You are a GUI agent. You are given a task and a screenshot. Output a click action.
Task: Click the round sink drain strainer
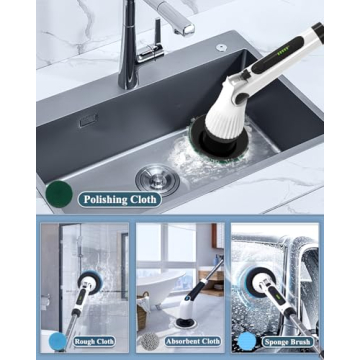tap(156, 179)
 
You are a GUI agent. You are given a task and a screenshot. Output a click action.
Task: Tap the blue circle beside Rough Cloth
tap(58, 340)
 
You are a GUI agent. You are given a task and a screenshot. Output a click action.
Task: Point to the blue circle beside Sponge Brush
tap(246, 339)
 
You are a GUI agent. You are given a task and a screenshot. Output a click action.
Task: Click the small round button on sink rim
tap(221, 47)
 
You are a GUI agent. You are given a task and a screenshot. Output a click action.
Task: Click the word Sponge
tap(278, 340)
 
